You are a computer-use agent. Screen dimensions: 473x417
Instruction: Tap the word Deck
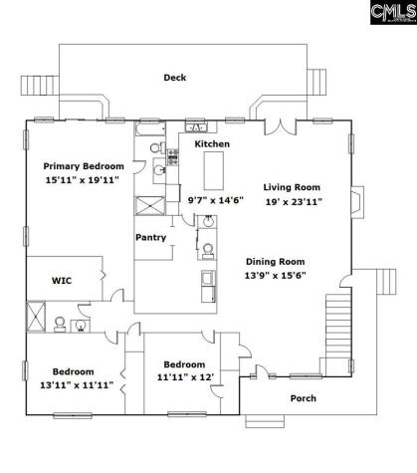pos(175,77)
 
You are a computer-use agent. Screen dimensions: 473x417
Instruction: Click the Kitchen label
pos(211,145)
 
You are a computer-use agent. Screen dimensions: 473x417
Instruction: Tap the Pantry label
pos(150,238)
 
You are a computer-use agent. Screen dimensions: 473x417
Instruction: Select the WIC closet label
pos(61,281)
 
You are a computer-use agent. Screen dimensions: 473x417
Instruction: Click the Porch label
pos(304,398)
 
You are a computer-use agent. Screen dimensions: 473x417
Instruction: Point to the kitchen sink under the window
pos(197,127)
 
